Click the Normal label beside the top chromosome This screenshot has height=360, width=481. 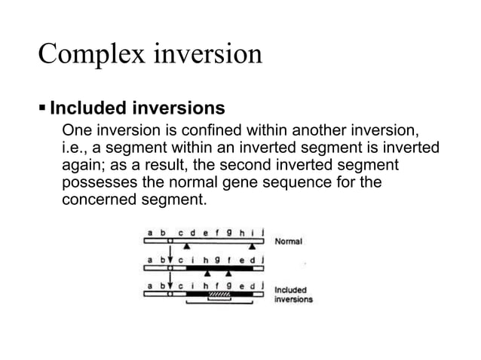(x=290, y=242)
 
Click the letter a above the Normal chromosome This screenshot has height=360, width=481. (x=150, y=233)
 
